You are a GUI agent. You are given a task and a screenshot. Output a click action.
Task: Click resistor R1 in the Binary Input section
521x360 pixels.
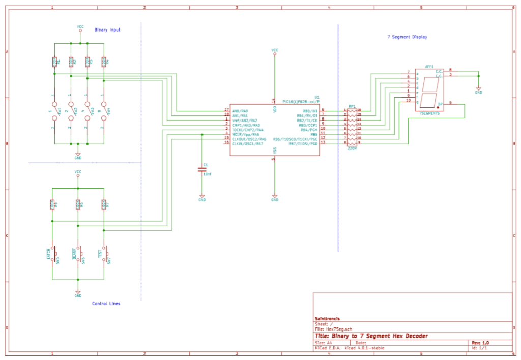point(54,62)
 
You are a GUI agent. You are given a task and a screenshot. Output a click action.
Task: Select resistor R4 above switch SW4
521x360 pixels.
point(104,62)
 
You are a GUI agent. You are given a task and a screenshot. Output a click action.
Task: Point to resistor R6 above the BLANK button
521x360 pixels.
point(78,204)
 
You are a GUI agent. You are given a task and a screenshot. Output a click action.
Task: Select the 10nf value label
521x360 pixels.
point(208,174)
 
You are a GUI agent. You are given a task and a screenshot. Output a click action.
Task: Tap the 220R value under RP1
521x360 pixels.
point(352,149)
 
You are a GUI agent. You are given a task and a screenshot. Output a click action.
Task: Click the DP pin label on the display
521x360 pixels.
point(440,104)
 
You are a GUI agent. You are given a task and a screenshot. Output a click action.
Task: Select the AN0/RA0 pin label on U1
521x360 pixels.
point(240,110)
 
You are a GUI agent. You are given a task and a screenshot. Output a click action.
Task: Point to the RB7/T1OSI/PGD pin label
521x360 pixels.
point(303,144)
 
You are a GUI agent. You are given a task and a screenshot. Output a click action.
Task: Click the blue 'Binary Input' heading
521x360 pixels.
point(107,30)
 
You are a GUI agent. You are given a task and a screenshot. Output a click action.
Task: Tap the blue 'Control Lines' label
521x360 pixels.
point(106,304)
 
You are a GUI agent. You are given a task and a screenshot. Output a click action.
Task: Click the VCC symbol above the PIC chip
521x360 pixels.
point(275,51)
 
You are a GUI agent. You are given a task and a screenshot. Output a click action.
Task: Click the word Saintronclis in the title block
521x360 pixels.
point(328,319)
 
